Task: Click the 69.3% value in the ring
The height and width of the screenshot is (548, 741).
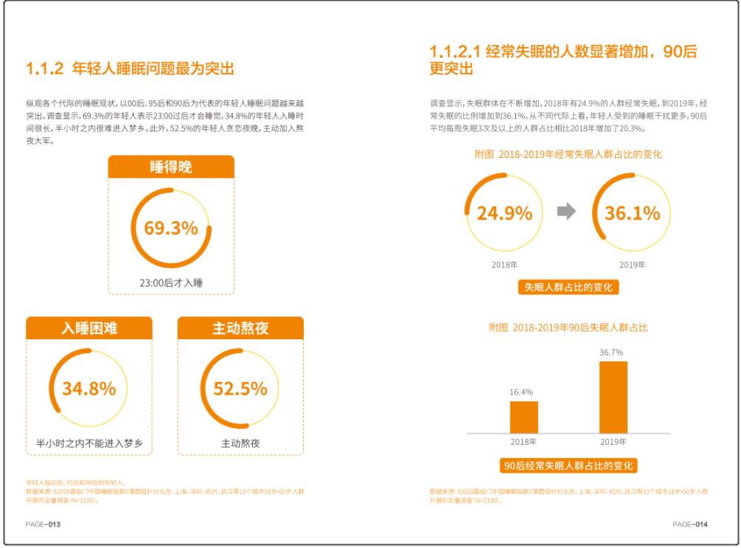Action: (170, 229)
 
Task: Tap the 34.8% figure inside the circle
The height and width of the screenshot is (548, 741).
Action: (88, 389)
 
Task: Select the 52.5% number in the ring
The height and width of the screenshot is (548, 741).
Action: (240, 389)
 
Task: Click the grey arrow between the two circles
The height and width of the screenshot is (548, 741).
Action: (566, 212)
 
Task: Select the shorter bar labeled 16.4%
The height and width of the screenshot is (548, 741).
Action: (523, 417)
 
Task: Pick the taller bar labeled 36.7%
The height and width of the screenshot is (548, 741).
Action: (613, 397)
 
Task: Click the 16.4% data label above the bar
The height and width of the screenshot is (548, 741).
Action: (523, 392)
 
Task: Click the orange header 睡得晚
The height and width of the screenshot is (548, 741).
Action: (171, 167)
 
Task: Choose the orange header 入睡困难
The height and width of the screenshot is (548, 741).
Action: (89, 329)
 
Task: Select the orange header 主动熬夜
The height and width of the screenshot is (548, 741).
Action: (240, 329)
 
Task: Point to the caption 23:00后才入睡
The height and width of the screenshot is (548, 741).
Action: (171, 282)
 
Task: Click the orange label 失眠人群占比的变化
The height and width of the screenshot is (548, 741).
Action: (568, 287)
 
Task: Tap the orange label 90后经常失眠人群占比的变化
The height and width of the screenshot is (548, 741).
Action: (568, 465)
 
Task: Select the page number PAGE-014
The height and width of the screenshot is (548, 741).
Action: (690, 524)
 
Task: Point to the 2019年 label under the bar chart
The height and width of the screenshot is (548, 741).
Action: (613, 442)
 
